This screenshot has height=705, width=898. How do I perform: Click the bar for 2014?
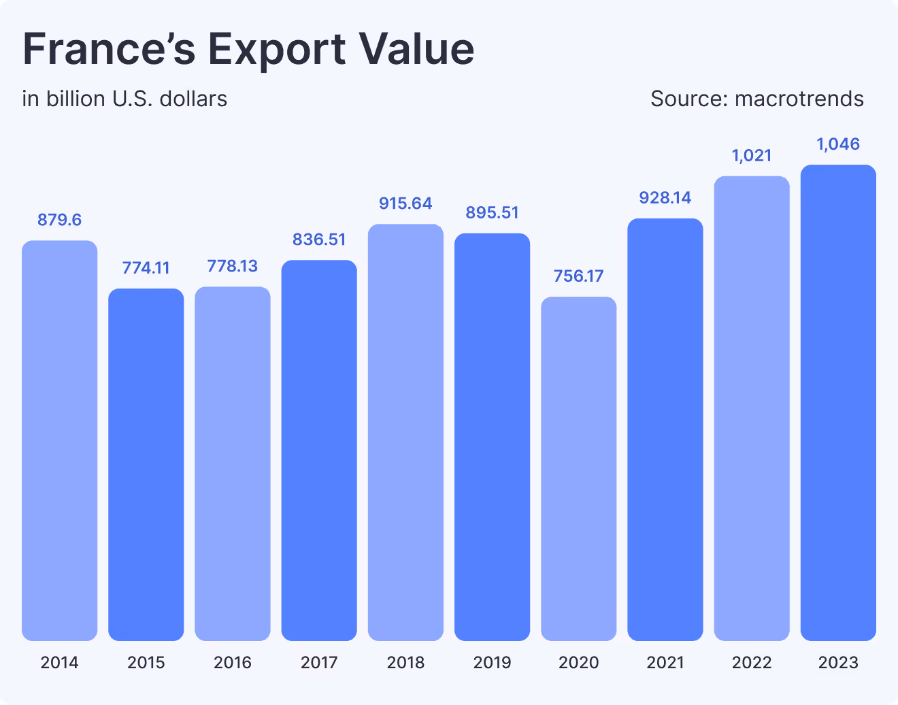(60, 440)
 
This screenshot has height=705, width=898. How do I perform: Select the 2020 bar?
(579, 468)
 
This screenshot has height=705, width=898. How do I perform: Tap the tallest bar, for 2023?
(838, 402)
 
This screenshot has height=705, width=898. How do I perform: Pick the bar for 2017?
(319, 450)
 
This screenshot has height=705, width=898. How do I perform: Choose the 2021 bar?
(665, 429)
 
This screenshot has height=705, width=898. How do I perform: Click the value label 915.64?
(405, 203)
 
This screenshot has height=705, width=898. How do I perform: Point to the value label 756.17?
(579, 276)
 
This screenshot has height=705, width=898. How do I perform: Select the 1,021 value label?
(752, 156)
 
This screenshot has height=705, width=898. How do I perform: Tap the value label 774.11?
(146, 268)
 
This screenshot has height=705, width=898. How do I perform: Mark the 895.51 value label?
(492, 213)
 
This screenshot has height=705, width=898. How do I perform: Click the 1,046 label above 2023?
(838, 144)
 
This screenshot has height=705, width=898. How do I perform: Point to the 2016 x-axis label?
(233, 662)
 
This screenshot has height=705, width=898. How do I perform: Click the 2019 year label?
(492, 662)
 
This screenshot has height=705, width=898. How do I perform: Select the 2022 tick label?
(752, 662)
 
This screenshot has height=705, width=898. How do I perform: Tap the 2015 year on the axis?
(146, 662)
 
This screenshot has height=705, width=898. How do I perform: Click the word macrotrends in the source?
(799, 99)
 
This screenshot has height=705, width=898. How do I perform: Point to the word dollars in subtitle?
(193, 99)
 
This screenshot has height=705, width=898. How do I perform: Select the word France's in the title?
(109, 49)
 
